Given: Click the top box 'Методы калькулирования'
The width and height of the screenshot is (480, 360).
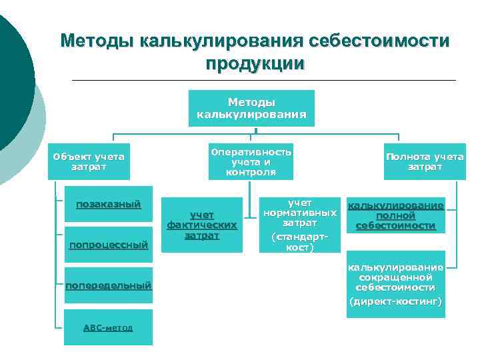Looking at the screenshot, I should (x=251, y=108).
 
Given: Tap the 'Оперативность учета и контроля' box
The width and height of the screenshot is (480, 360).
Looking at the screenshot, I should (x=251, y=161).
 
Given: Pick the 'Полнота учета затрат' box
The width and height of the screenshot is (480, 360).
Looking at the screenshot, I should (x=425, y=161).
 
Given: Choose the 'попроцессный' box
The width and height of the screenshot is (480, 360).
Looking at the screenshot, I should (x=108, y=245).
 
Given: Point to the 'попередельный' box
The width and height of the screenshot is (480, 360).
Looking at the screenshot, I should (x=108, y=286).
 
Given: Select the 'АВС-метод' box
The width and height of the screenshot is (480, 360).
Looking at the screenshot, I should (x=108, y=327).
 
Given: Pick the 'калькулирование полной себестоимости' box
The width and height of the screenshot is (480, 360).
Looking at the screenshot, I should (x=396, y=216).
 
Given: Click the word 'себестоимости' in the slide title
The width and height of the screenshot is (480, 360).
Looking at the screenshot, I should (x=379, y=41).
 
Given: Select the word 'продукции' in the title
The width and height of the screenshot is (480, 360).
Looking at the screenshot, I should (x=255, y=64).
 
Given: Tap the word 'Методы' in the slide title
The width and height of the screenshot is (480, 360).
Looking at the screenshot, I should (x=96, y=41).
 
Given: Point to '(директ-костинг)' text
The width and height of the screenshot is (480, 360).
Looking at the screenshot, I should (x=396, y=302).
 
